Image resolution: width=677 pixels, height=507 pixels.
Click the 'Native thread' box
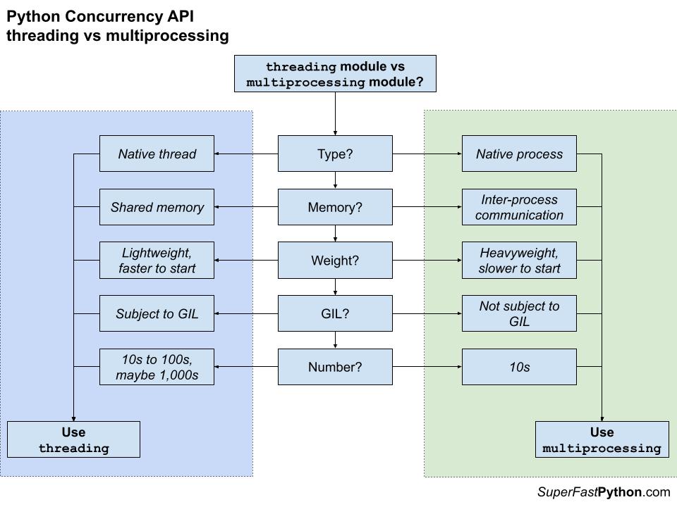(157, 154)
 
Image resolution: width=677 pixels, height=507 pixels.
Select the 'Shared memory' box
(157, 207)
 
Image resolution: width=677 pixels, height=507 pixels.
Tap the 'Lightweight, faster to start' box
(157, 261)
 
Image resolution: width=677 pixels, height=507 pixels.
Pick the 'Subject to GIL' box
(157, 314)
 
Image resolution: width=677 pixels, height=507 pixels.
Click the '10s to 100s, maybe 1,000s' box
(157, 367)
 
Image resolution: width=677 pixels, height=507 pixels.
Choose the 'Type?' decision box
(335, 154)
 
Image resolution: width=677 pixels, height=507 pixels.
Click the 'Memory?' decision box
(335, 207)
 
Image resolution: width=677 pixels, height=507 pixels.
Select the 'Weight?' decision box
(335, 261)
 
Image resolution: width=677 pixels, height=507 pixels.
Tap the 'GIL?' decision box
(335, 314)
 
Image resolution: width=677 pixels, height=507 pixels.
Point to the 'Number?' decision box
(335, 367)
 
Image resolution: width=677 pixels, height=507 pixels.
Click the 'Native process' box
(519, 154)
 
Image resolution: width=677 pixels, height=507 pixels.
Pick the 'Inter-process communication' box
(519, 207)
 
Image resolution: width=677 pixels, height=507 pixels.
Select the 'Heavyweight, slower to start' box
(519, 261)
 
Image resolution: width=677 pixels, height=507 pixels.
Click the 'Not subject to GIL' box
(519, 314)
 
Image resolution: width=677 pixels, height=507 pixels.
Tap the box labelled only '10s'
(519, 367)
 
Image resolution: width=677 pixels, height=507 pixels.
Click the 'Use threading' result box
(73, 440)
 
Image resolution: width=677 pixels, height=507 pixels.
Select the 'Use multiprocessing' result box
(602, 440)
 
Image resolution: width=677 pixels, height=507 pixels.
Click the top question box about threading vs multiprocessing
(335, 74)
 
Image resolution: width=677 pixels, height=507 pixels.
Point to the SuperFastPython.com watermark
(603, 492)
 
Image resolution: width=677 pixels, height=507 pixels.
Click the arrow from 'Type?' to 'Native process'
(427, 154)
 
